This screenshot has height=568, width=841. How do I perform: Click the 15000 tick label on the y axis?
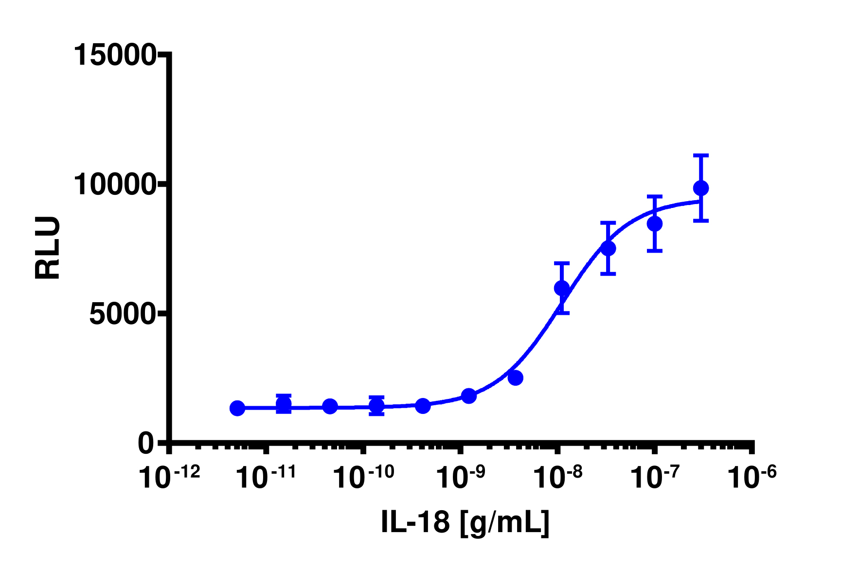(114, 55)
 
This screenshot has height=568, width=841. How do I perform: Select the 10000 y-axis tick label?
(114, 185)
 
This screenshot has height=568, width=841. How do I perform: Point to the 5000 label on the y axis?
(122, 314)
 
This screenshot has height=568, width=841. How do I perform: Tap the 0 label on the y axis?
(145, 444)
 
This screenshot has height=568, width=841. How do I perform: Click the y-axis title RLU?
(48, 248)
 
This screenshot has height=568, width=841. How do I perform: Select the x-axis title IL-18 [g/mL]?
(465, 522)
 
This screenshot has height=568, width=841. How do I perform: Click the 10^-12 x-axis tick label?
(169, 477)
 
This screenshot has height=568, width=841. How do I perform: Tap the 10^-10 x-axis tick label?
(363, 477)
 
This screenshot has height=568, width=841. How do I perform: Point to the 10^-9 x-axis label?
(461, 477)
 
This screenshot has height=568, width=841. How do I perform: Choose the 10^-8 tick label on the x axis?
(558, 477)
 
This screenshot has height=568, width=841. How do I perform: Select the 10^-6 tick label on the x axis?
(752, 477)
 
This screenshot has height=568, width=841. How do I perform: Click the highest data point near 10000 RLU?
(701, 188)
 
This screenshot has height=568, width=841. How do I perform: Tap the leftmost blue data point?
(237, 408)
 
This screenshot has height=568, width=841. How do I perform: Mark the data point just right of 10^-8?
(562, 288)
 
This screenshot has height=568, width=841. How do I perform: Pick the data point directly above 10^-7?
(655, 224)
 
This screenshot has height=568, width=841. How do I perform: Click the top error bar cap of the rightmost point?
(701, 155)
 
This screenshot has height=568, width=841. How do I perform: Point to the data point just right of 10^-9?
(469, 396)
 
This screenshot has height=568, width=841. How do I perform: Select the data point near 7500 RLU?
(608, 248)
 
